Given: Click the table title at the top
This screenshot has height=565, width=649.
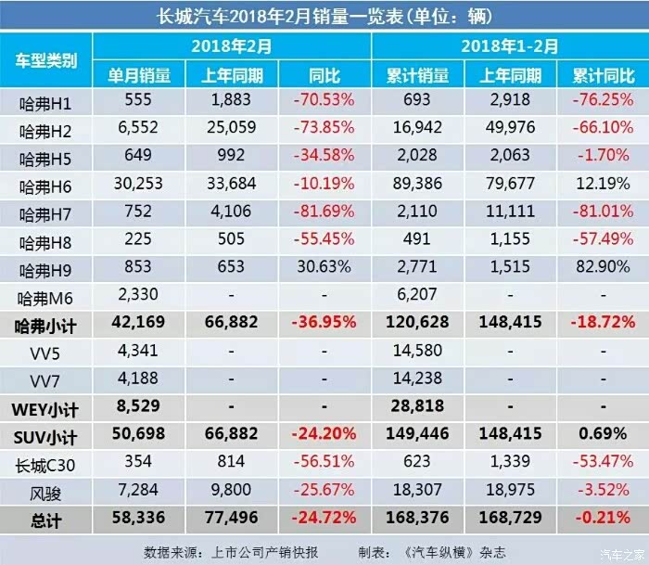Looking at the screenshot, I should click(x=324, y=15).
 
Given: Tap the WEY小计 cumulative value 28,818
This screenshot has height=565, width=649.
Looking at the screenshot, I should click(x=418, y=407).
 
